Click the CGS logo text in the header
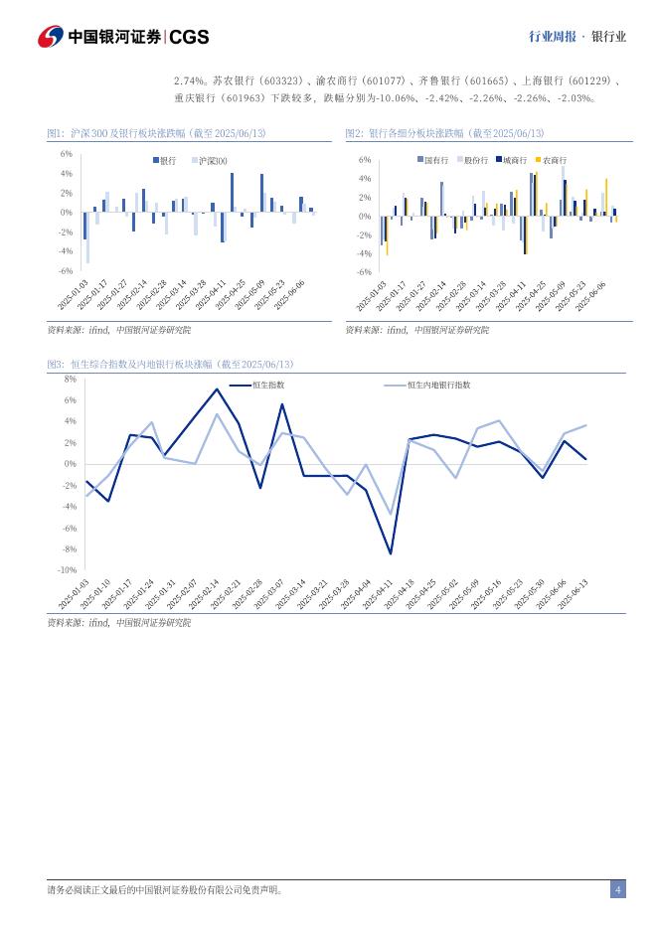click(x=189, y=37)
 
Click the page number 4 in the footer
click(x=617, y=889)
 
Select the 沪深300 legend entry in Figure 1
click(x=213, y=160)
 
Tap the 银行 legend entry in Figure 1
click(x=167, y=160)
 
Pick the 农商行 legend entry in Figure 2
click(x=554, y=159)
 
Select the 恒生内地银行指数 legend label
click(x=438, y=385)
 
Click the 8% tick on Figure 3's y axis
click(x=70, y=380)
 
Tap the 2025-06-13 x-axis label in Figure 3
click(x=574, y=597)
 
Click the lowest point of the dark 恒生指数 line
click(x=391, y=553)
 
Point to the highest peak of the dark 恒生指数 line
click(x=217, y=389)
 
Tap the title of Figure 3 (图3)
click(x=170, y=365)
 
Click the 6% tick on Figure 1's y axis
click(x=66, y=154)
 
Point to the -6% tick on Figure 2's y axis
click(x=364, y=271)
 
